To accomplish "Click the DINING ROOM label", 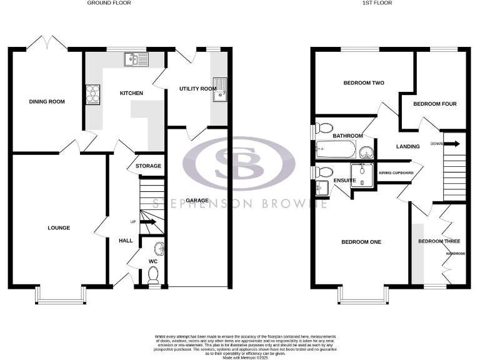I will (47, 101).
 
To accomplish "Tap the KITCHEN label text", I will (131, 93).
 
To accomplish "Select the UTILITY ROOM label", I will (197, 89).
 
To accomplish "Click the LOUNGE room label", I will (58, 227).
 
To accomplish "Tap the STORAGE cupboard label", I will (148, 166).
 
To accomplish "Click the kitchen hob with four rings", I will (92, 92).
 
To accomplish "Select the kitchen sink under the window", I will (134, 59).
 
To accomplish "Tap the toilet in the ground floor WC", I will (154, 274).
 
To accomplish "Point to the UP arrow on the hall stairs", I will (147, 222).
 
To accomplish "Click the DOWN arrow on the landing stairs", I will (453, 144).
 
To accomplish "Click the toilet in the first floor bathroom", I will (324, 129).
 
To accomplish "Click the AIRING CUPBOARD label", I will (394, 172).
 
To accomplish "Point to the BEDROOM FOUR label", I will (425, 104).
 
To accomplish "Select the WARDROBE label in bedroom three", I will (455, 254).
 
